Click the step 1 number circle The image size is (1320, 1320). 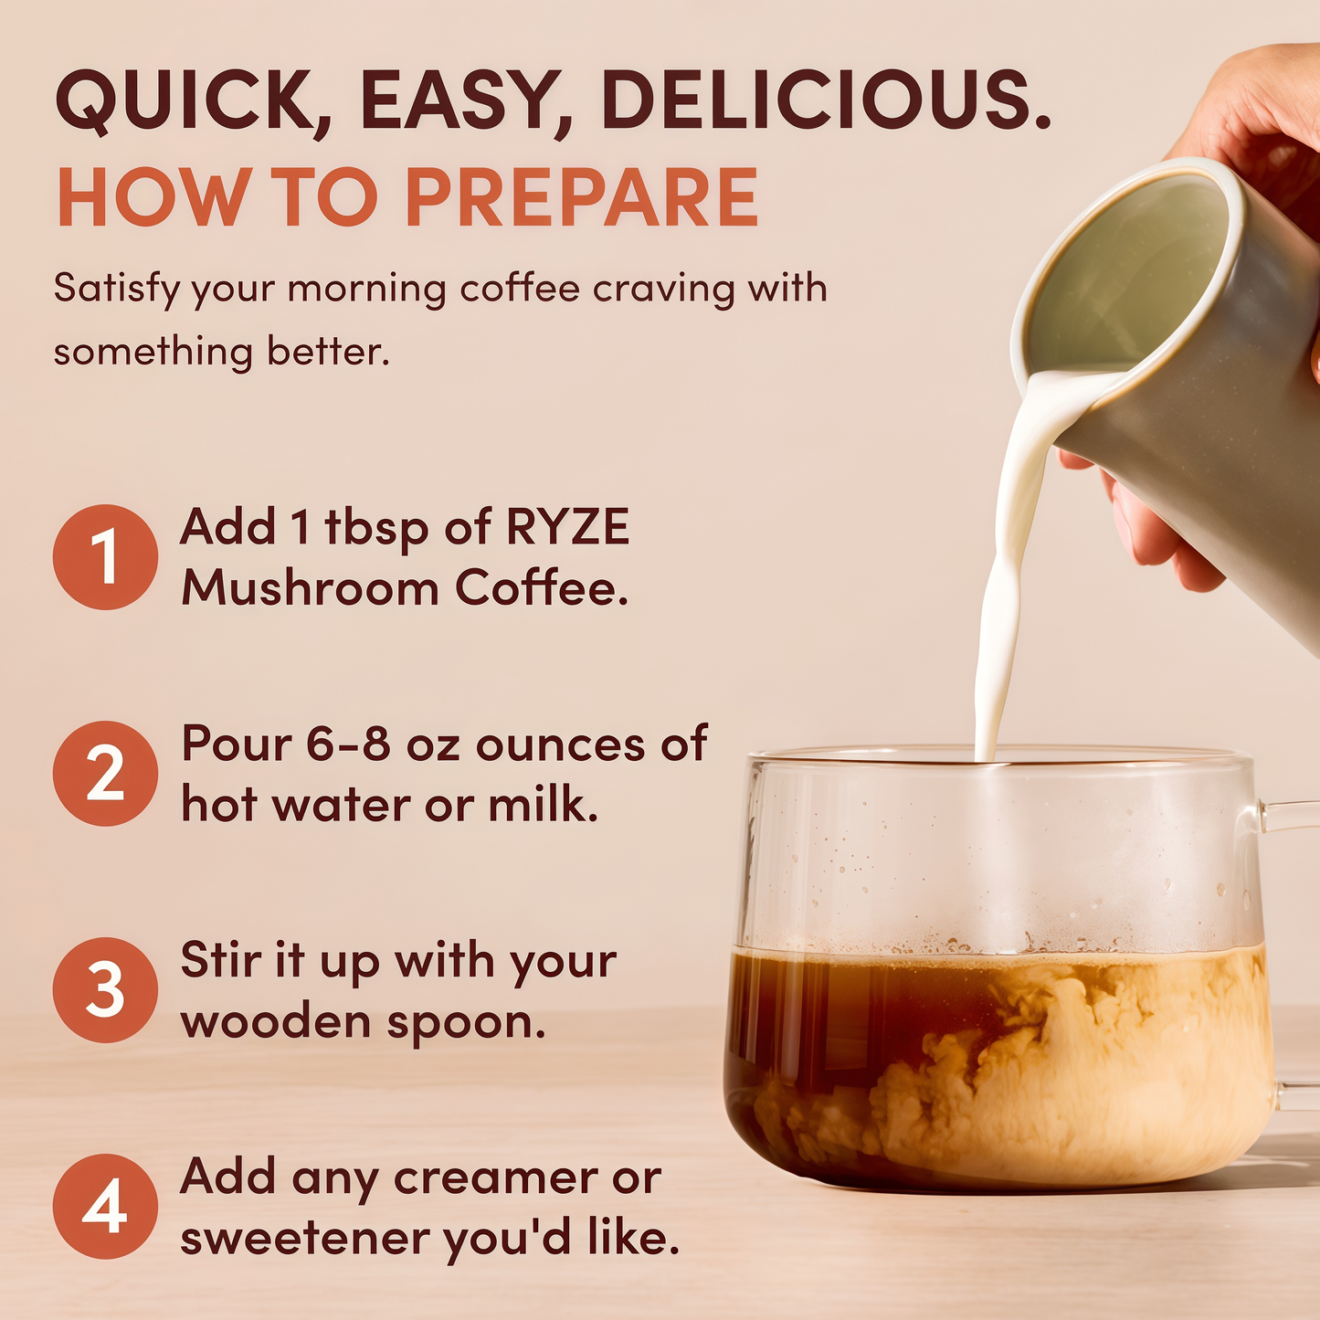tap(105, 557)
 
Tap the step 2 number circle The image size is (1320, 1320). tap(105, 774)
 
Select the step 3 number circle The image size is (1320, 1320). tap(105, 990)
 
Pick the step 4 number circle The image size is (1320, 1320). tap(105, 1207)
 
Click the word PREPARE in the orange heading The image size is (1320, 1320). tap(582, 198)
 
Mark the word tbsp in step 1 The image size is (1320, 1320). tap(376, 528)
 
